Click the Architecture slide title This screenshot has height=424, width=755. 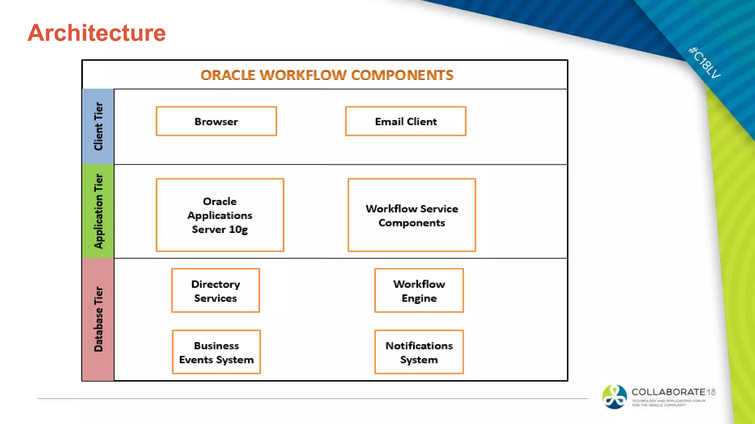97,33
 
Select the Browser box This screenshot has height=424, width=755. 216,121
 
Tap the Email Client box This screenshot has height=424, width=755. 406,121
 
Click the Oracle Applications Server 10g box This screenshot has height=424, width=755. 220,215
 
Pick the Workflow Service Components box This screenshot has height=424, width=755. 411,215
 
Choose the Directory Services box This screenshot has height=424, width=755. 216,291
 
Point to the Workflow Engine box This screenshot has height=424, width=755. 419,291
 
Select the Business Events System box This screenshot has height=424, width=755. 216,352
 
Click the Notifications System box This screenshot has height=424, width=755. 419,352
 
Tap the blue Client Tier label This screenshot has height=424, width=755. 98,126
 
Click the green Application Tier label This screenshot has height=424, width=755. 98,211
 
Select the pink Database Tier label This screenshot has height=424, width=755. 98,319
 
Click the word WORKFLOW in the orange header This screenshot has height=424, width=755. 303,75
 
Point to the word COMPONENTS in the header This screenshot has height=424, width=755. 402,75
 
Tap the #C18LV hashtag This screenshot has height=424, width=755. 704,63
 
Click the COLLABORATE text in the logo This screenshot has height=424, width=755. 668,392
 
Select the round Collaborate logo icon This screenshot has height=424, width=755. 614,397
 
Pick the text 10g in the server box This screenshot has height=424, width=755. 238,229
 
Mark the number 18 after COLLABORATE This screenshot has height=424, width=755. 711,392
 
